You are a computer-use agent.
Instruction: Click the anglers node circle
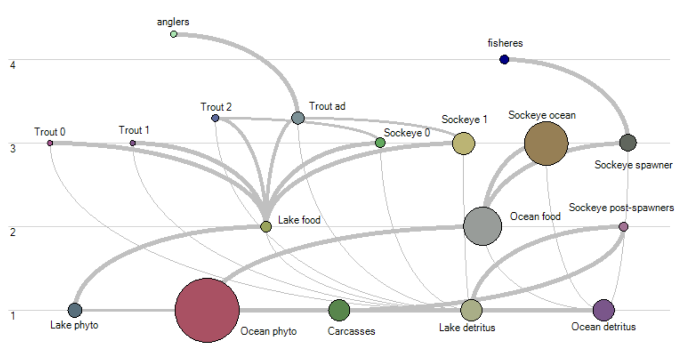pyautogui.click(x=174, y=34)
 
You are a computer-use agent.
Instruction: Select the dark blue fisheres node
pyautogui.click(x=504, y=59)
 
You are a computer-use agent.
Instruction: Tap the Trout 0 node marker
pyautogui.click(x=50, y=143)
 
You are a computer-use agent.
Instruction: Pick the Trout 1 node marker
pyautogui.click(x=133, y=143)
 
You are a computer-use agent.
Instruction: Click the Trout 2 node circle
pyautogui.click(x=215, y=118)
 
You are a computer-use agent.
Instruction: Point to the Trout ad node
pyautogui.click(x=298, y=118)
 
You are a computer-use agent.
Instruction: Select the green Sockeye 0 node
pyautogui.click(x=380, y=143)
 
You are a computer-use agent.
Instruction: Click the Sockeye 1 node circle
pyautogui.click(x=463, y=143)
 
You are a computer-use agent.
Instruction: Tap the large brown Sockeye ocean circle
pyautogui.click(x=546, y=143)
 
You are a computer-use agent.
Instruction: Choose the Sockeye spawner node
pyautogui.click(x=628, y=143)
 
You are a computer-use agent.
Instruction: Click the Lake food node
pyautogui.click(x=266, y=227)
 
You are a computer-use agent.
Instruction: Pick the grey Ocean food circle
pyautogui.click(x=482, y=226)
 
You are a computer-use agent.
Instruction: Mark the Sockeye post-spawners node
pyautogui.click(x=623, y=227)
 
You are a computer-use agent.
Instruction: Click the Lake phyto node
pyautogui.click(x=75, y=310)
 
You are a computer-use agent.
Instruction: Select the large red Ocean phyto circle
pyautogui.click(x=207, y=310)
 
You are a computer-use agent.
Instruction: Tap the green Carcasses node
pyautogui.click(x=339, y=310)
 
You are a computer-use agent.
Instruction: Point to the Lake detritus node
pyautogui.click(x=471, y=310)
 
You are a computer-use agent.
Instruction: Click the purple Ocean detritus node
pyautogui.click(x=603, y=310)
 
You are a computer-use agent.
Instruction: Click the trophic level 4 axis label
pyautogui.click(x=13, y=65)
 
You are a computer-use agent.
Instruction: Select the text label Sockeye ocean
pyautogui.click(x=542, y=115)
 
